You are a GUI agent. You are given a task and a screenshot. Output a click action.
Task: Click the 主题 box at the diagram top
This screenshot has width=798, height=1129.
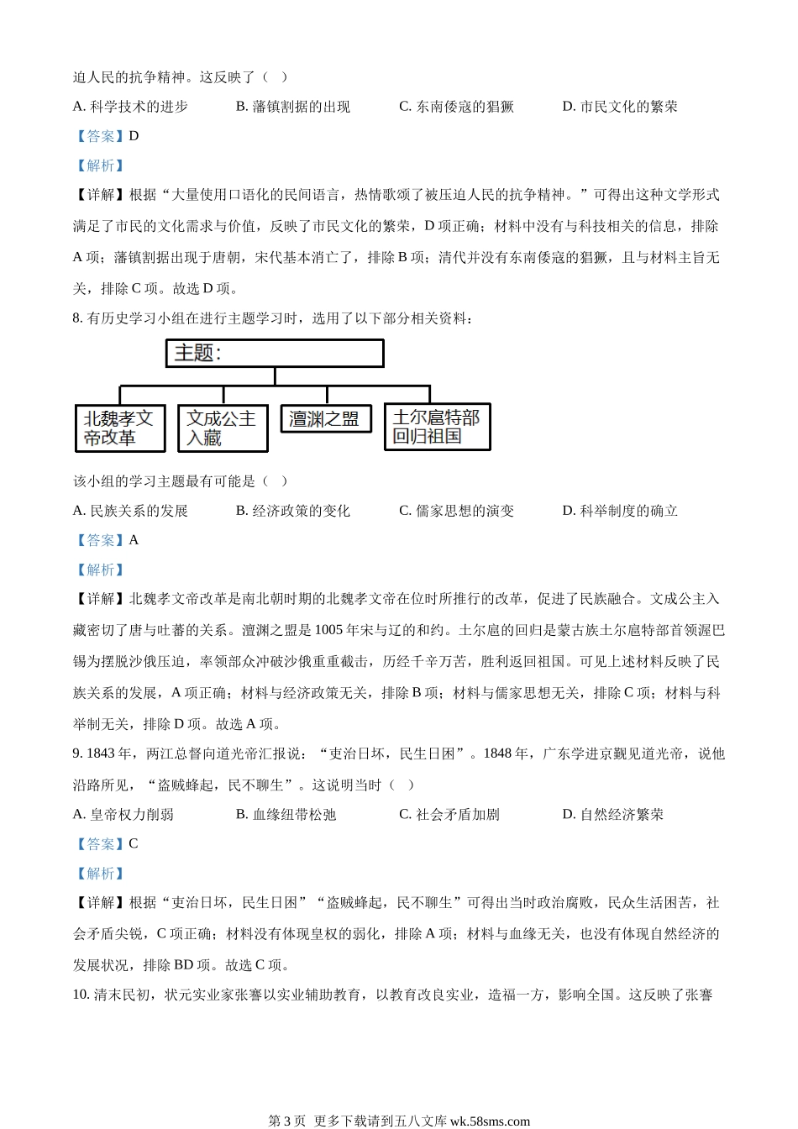(x=275, y=353)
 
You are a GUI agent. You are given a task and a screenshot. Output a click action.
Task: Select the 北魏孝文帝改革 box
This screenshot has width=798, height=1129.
(x=120, y=428)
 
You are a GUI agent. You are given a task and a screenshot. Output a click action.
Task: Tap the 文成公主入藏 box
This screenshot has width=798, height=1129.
(x=223, y=428)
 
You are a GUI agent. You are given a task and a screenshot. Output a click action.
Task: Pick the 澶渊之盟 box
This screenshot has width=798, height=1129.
(x=325, y=418)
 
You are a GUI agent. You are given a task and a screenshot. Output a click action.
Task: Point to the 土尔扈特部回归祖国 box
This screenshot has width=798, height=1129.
(x=437, y=427)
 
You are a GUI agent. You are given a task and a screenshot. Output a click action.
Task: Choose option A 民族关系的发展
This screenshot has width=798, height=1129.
(x=131, y=511)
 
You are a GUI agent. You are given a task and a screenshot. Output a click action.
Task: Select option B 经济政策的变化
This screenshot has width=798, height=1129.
(x=293, y=511)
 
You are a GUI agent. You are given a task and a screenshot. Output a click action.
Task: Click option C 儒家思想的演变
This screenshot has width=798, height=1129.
(x=457, y=511)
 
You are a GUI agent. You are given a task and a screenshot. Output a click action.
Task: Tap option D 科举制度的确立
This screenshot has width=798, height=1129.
(x=620, y=511)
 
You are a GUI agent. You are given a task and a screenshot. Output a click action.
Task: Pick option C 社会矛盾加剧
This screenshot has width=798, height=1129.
(x=449, y=814)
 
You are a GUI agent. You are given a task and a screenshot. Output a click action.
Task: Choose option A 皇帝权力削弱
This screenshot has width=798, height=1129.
(x=123, y=814)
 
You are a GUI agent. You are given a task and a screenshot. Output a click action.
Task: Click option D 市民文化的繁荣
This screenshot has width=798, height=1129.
(x=620, y=107)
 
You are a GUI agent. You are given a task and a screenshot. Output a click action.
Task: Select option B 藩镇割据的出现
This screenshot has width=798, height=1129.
(x=293, y=107)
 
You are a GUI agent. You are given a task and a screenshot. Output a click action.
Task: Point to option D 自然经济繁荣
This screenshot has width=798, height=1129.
(x=613, y=814)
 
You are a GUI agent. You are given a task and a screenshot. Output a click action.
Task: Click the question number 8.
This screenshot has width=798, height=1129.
(x=77, y=318)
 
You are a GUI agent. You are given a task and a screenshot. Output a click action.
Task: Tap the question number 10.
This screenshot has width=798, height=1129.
(x=81, y=995)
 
